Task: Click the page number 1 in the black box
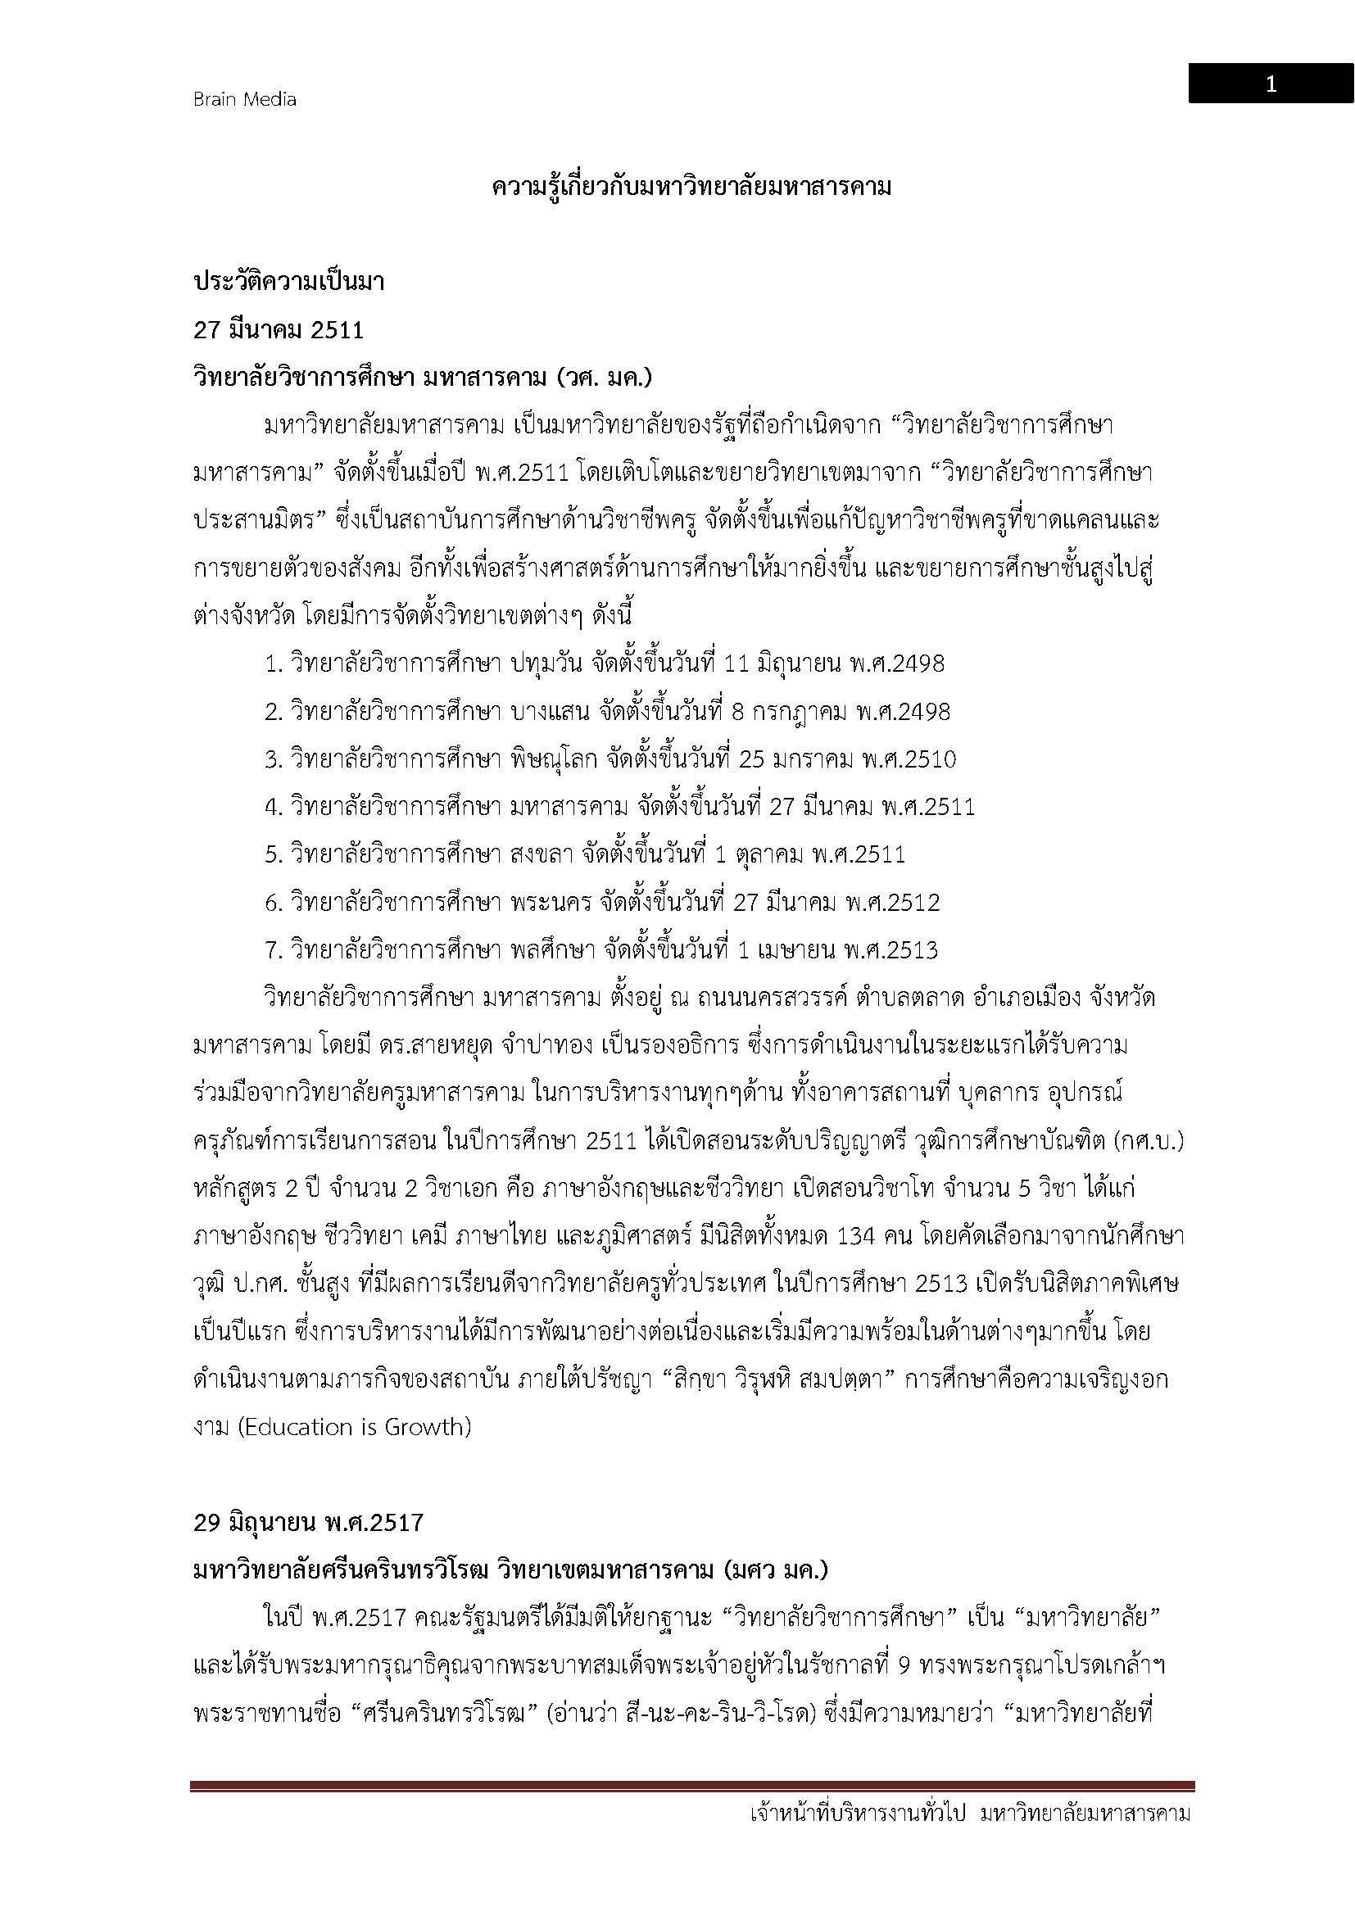[x=1271, y=84]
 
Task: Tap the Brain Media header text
[x=244, y=99]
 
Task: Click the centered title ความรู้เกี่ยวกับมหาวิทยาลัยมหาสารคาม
[x=691, y=187]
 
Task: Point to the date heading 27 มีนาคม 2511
[x=279, y=329]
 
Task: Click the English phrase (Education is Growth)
[x=355, y=1427]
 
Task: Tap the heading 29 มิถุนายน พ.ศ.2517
[x=309, y=1522]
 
